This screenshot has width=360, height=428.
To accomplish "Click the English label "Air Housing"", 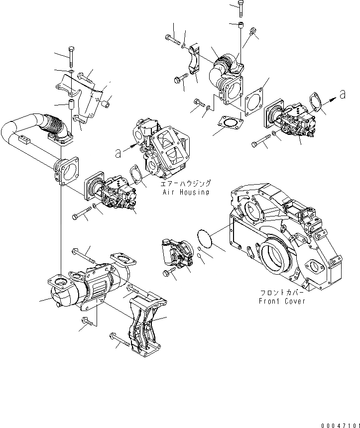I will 184,192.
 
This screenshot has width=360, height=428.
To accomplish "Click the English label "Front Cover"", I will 281,301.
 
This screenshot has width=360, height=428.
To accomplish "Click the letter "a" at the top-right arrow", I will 342,93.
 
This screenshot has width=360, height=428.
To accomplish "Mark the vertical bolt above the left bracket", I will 71,57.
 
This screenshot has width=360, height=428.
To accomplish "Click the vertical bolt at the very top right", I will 240,8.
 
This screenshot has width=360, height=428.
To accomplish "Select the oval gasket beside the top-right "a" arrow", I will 316,105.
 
